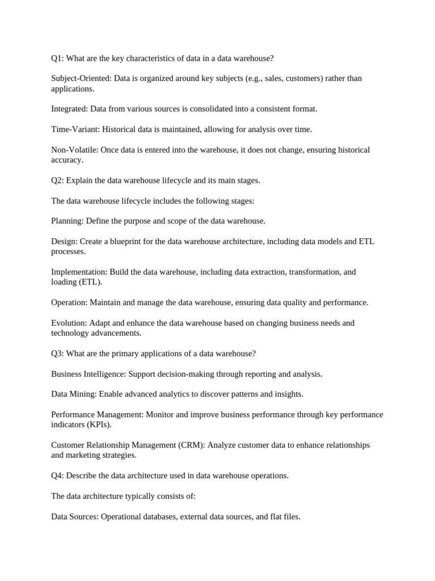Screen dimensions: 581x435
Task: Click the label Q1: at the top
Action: pos(57,58)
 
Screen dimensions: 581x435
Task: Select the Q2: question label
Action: pos(57,180)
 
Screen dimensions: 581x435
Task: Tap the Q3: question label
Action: pos(57,353)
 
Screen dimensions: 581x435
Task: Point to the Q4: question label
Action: pos(57,475)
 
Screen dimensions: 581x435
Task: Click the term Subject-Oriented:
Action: pos(81,78)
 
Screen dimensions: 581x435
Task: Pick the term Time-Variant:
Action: pos(75,129)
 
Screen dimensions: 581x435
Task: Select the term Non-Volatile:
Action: pos(75,150)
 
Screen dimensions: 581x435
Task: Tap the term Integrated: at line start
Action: pos(70,109)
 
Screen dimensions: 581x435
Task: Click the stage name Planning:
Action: pos(67,221)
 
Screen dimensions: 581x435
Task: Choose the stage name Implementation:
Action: pos(79,272)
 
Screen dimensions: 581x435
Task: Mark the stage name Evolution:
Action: pos(69,323)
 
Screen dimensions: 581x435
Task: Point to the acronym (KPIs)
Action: pos(99,424)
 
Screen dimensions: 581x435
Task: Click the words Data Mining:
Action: pos(74,394)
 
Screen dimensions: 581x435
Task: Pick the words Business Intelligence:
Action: pos(88,374)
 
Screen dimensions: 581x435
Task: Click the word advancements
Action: pos(116,333)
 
